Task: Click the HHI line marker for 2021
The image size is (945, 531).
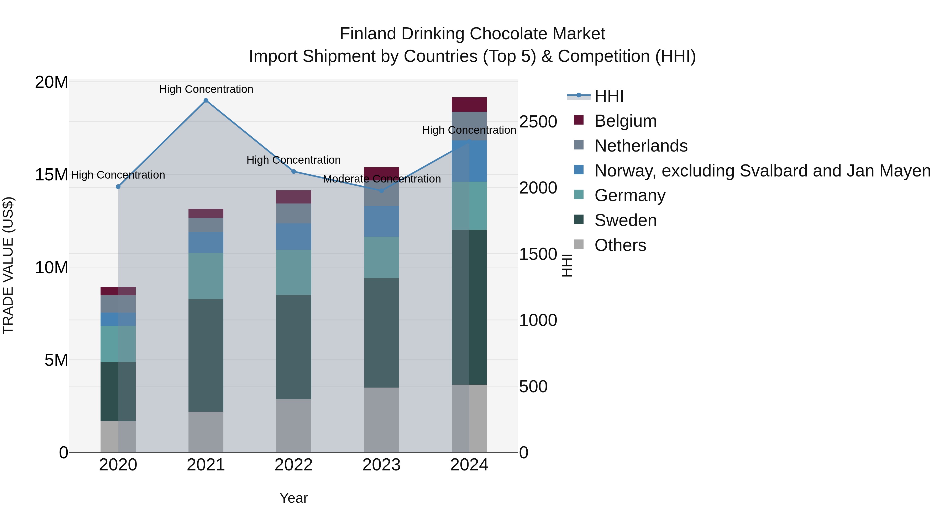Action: click(206, 100)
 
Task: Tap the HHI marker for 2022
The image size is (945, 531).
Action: click(293, 171)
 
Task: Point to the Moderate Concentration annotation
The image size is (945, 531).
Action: click(381, 179)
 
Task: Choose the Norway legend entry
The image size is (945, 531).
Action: click(762, 171)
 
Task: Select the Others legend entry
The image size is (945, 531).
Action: click(620, 245)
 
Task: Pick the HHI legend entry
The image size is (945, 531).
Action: click(609, 96)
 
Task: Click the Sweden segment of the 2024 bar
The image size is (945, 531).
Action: click(469, 307)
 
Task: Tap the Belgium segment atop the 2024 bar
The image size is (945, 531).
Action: click(469, 104)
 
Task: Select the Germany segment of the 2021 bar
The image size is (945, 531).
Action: click(206, 276)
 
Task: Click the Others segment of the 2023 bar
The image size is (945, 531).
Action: click(381, 420)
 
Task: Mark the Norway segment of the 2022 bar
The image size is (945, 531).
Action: click(293, 237)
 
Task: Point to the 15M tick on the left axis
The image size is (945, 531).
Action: click(51, 175)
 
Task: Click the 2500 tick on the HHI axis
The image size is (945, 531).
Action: click(538, 122)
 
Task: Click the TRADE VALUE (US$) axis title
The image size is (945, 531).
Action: click(8, 265)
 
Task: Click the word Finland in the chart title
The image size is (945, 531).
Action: click(368, 34)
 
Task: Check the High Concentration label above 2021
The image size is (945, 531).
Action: click(206, 89)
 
